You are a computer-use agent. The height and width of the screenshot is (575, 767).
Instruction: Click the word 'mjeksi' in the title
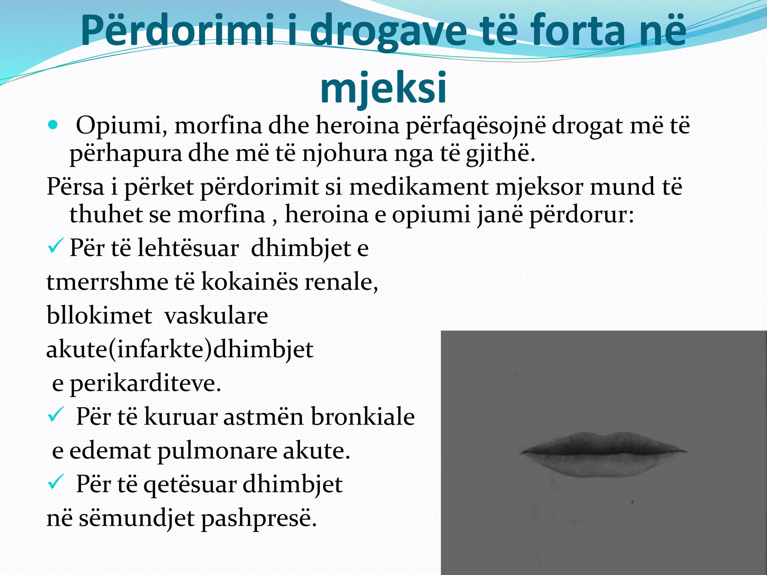pyautogui.click(x=383, y=88)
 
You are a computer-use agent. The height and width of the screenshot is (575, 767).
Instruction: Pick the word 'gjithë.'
pyautogui.click(x=501, y=154)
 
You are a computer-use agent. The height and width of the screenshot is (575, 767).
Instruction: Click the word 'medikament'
pyautogui.click(x=418, y=186)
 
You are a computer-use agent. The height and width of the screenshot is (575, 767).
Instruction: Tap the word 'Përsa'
pyautogui.click(x=75, y=186)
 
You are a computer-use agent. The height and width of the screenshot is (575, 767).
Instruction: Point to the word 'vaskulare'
pyautogui.click(x=216, y=315)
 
